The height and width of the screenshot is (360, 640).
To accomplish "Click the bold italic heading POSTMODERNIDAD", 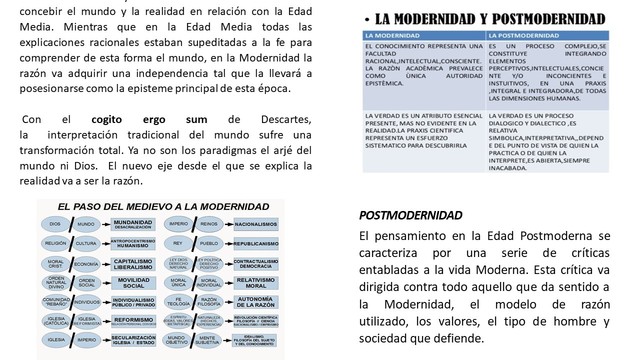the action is (410, 215).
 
